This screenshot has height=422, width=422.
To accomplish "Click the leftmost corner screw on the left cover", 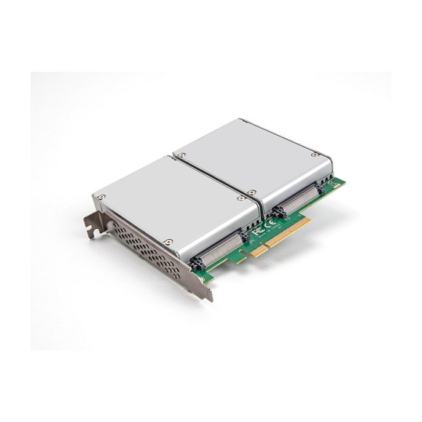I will coord(99,197).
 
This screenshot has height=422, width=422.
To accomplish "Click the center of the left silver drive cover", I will coord(175,197).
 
